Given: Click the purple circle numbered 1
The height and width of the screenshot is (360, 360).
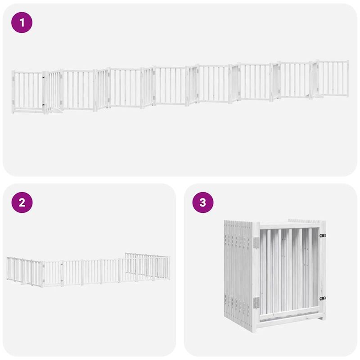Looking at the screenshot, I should (22, 22).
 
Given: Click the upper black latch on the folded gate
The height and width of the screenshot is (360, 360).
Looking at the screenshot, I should (322, 235).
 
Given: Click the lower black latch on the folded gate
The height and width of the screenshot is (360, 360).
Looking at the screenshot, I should (322, 298).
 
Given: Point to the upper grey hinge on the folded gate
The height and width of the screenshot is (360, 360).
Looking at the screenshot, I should (256, 242).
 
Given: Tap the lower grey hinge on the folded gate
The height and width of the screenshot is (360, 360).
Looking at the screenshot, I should (256, 303).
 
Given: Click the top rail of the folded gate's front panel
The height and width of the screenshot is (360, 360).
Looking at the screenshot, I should (288, 225).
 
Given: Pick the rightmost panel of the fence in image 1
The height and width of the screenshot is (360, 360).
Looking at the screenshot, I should (333, 77).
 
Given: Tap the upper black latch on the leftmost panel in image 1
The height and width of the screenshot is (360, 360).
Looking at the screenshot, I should (44, 77).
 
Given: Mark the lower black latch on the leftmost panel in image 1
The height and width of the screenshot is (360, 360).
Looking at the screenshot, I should (44, 105).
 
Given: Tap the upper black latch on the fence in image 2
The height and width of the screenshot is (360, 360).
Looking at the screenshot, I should (62, 266).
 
